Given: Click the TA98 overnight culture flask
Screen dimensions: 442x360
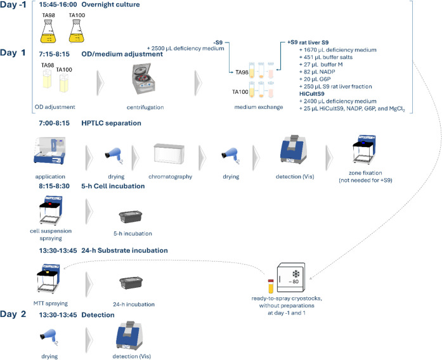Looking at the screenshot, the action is click(48, 31).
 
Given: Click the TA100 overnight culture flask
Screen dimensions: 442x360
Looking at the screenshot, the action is click(77, 31).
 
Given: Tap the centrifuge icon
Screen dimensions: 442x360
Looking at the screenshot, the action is click(145, 79).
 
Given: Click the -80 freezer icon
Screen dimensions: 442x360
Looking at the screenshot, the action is click(291, 278).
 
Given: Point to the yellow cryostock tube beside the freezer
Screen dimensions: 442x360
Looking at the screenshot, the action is click(271, 286).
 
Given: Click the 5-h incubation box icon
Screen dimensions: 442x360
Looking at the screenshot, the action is click(131, 217).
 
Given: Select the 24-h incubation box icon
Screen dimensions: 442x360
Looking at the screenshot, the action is click(131, 283).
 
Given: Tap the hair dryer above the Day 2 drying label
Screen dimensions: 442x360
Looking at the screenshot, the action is click(49, 337).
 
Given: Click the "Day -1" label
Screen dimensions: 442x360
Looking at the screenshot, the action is click(13, 5).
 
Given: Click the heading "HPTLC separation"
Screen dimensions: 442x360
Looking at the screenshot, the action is click(112, 123).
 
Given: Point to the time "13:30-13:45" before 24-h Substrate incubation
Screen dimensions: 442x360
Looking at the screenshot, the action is click(58, 250).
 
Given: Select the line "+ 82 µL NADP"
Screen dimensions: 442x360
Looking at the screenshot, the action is click(317, 72).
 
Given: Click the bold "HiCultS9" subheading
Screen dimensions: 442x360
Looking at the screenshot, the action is click(312, 94).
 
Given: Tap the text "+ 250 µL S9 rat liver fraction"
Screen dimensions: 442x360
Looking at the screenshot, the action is click(335, 86).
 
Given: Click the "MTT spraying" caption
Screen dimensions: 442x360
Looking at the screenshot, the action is click(51, 304).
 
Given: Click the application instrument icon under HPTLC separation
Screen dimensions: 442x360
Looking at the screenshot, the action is click(50, 150).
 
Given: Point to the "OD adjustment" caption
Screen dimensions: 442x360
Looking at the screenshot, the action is click(55, 107).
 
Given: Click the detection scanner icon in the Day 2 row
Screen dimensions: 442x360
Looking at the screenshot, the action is click(129, 336).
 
